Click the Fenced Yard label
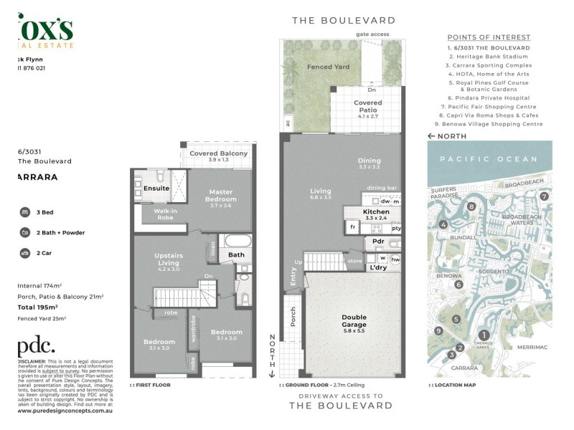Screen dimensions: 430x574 click(x=309, y=67)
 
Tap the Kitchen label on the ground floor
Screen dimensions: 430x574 click(x=376, y=212)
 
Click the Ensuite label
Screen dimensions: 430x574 click(x=156, y=188)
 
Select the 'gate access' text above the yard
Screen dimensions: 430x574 click(x=372, y=34)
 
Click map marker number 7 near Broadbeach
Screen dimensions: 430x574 click(x=545, y=196)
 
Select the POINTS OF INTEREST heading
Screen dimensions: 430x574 click(x=489, y=37)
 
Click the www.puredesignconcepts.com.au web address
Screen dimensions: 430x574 click(x=64, y=411)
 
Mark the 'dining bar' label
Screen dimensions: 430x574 click(x=382, y=188)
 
